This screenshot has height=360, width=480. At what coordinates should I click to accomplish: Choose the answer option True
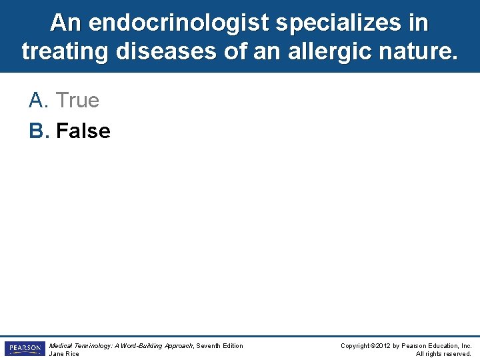click(x=77, y=101)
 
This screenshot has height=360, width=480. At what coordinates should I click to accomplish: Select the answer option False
click(x=83, y=131)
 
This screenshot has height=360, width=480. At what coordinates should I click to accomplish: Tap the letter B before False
click(x=39, y=131)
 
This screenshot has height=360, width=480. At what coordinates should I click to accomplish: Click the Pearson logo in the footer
click(x=25, y=349)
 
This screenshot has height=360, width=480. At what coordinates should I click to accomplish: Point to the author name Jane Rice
click(x=64, y=354)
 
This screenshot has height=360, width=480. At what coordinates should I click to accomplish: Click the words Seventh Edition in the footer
click(x=219, y=345)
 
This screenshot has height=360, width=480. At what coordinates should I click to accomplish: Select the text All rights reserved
click(x=443, y=354)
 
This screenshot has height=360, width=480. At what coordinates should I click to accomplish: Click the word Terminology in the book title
click(x=93, y=345)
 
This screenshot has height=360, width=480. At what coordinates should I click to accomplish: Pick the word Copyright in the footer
click(x=355, y=345)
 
